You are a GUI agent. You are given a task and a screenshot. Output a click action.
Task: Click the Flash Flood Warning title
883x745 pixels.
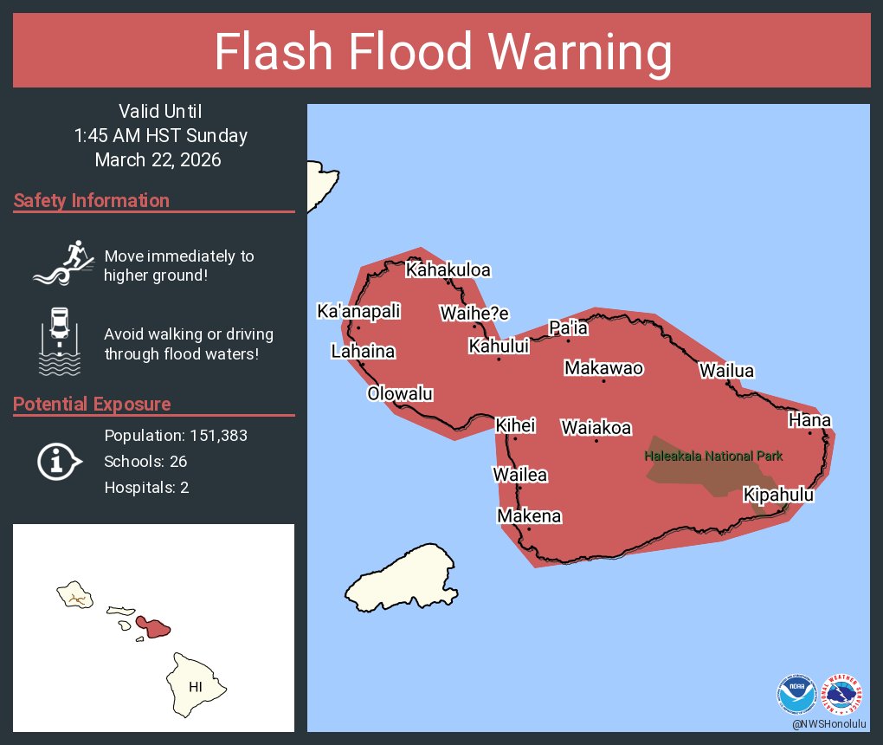(442, 52)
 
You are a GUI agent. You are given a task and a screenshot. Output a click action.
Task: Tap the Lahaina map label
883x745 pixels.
(363, 351)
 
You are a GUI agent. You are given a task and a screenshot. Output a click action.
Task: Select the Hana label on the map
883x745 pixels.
(809, 420)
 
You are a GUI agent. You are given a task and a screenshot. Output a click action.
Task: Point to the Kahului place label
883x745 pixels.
(498, 347)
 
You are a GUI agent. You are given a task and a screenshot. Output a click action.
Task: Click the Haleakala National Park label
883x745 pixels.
(713, 456)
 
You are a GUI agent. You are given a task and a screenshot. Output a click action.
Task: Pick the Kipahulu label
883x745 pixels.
(778, 495)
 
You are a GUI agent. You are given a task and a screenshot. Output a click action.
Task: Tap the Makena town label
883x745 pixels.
(529, 516)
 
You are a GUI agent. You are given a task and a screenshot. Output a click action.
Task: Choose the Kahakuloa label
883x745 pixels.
(448, 269)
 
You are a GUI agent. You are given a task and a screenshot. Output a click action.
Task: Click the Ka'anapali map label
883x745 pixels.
(358, 311)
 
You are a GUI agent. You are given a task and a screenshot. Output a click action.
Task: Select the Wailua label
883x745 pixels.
(726, 371)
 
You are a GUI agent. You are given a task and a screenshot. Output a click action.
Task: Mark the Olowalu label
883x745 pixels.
(399, 393)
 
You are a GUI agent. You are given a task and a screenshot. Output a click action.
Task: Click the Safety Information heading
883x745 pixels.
(92, 201)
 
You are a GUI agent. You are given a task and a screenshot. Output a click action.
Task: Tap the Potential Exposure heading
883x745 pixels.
(92, 405)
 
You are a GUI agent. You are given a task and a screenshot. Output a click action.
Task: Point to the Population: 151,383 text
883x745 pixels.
(176, 435)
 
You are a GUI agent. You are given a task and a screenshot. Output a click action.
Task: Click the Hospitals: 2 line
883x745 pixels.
(146, 487)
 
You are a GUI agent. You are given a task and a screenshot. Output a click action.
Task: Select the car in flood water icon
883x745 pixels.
(59, 340)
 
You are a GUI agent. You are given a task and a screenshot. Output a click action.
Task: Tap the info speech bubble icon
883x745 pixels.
(59, 461)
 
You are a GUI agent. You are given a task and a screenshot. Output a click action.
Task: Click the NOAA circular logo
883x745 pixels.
(796, 694)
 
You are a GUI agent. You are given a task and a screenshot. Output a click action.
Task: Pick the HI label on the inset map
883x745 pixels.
(196, 687)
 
